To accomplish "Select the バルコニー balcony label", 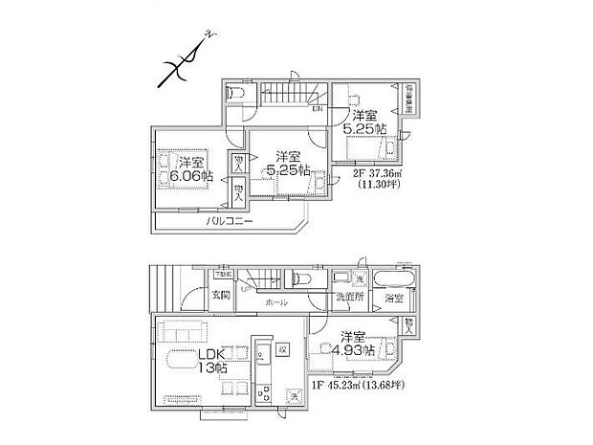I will point(228,221).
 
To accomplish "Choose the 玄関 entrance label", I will point(220,295).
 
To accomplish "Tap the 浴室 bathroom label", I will point(393,299).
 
